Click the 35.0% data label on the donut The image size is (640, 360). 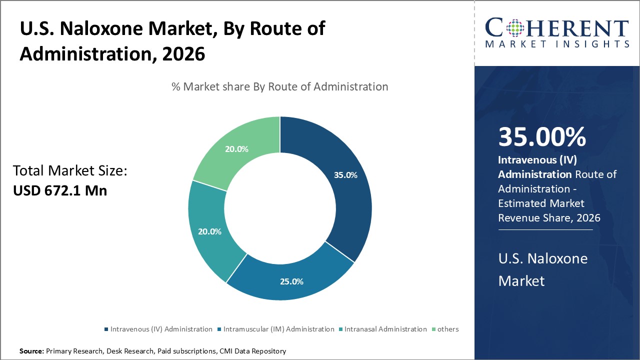coord(345,175)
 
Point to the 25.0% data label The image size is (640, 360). coord(291,281)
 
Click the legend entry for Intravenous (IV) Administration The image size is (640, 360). coord(158,329)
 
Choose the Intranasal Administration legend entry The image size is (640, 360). coord(382,329)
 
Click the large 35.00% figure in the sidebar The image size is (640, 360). coord(542,137)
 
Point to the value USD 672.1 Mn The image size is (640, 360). coord(60,190)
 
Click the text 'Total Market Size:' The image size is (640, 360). coord(70,171)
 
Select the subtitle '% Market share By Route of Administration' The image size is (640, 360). coord(279,86)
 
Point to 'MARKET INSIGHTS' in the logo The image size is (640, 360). coord(557,44)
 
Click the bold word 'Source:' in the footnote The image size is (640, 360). coord(32,351)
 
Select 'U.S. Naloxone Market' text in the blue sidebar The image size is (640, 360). coord(542,269)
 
